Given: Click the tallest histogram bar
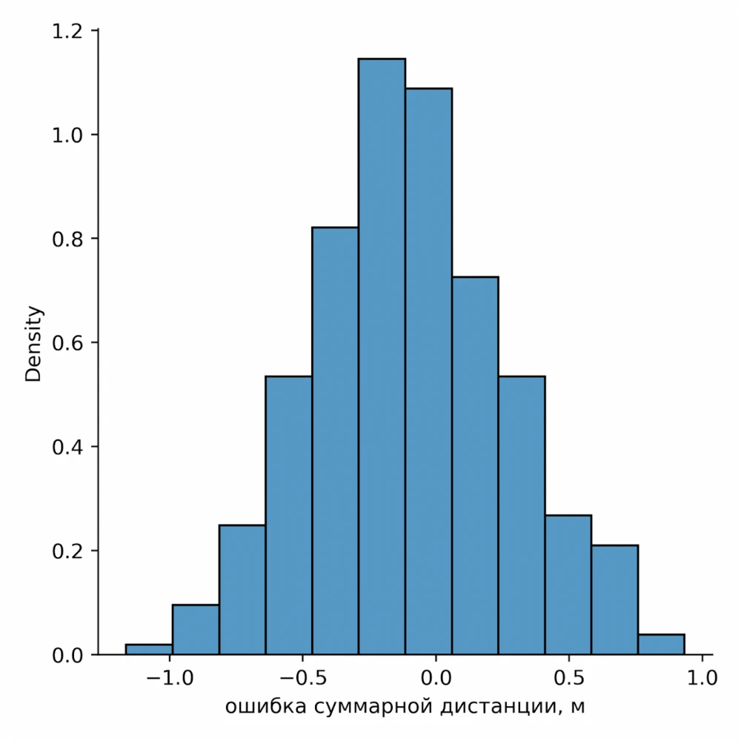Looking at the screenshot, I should [382, 356].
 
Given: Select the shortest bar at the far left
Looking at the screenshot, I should [149, 649].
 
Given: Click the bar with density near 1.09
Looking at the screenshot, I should [428, 370].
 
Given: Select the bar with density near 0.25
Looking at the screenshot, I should [242, 590].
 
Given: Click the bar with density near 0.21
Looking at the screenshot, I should [614, 600].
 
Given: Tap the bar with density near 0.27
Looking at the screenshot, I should [568, 585].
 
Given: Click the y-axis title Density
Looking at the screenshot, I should [34, 343].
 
